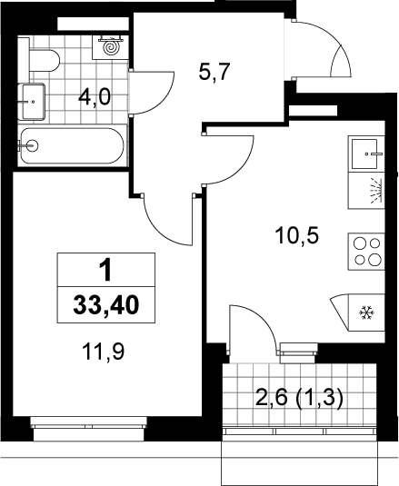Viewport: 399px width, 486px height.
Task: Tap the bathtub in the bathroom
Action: (73, 145)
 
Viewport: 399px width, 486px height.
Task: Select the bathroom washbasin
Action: (32, 102)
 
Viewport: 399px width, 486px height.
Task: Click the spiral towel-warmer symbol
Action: (111, 46)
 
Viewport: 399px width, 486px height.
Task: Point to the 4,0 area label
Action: (95, 97)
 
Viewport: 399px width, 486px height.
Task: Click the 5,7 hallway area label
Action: (214, 73)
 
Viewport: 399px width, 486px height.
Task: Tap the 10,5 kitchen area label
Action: (296, 236)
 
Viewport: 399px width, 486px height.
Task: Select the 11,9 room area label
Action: (104, 352)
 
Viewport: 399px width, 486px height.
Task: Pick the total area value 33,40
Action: (106, 305)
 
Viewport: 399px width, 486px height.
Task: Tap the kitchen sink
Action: (366, 154)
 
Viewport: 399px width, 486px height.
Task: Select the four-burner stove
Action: (366, 252)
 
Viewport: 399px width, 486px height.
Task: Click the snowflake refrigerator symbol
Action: (367, 313)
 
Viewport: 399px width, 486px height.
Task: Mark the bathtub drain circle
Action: (32, 145)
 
